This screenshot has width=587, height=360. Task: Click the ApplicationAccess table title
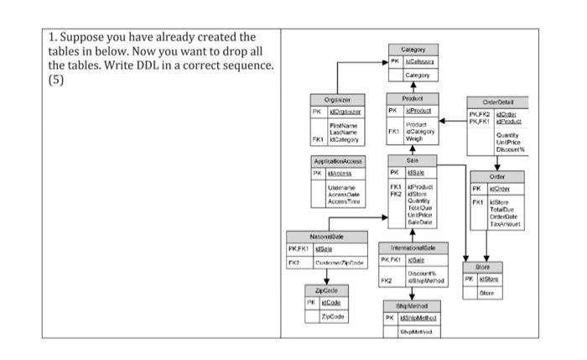[336, 161]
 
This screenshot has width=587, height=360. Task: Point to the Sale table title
[412, 159]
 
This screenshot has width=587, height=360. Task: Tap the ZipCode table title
[326, 289]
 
